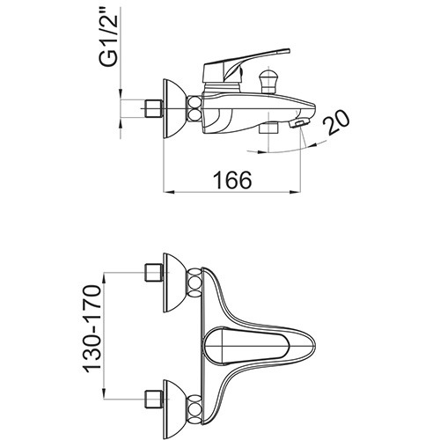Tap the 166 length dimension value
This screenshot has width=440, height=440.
click(232, 180)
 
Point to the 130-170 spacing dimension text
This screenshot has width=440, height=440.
click(92, 327)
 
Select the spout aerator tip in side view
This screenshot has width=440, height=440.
click(299, 122)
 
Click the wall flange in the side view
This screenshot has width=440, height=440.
click(173, 109)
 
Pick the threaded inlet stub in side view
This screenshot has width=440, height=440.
click(153, 109)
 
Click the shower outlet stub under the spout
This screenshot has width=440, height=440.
click(268, 128)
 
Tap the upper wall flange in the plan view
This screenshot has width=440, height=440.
click(173, 282)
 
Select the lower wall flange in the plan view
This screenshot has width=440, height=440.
click(173, 410)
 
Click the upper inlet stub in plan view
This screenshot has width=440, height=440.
click(153, 273)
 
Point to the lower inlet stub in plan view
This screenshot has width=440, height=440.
click(153, 400)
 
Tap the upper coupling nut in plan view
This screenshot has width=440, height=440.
click(194, 282)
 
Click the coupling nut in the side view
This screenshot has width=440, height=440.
click(194, 109)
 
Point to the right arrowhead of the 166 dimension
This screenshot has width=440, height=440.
click(296, 193)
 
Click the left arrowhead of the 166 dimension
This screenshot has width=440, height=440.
click(169, 193)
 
